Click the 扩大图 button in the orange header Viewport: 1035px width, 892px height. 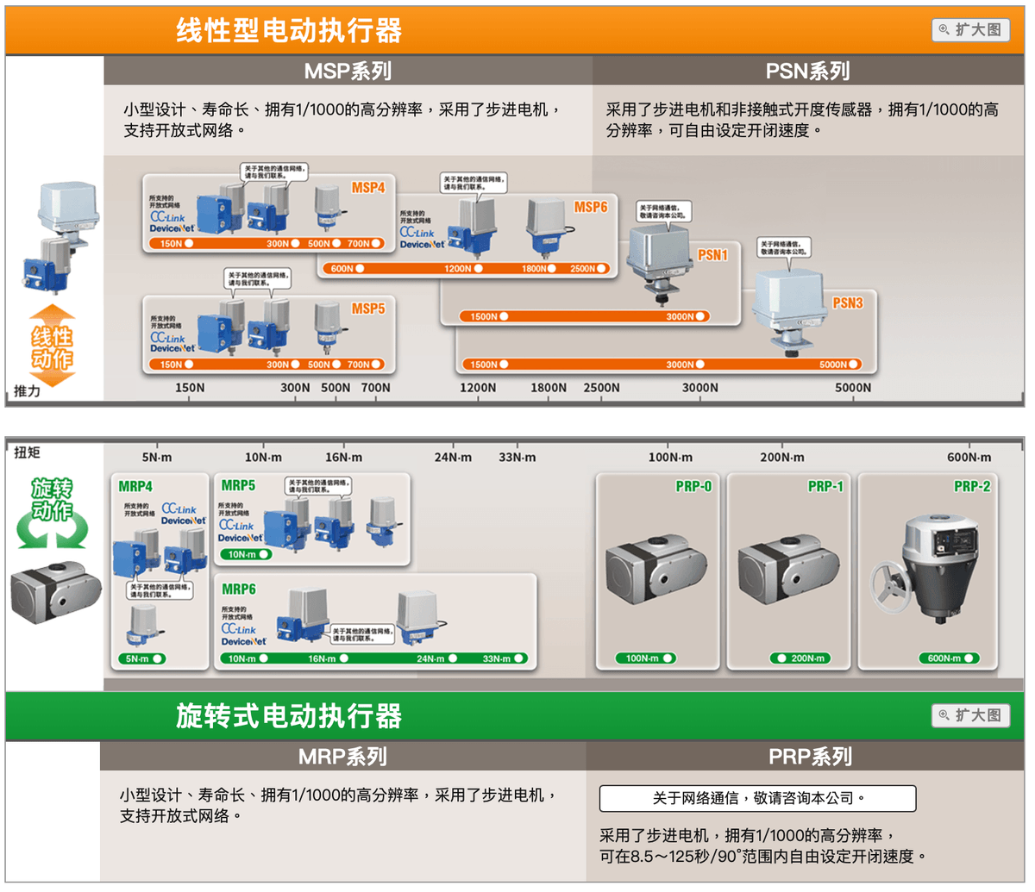click(x=970, y=29)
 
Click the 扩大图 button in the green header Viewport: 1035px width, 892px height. click(x=970, y=715)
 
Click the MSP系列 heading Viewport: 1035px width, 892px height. click(x=348, y=71)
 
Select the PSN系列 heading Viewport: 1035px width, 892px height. click(x=807, y=71)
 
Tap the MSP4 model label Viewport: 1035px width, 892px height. click(x=368, y=188)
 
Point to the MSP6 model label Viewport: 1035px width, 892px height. click(x=591, y=207)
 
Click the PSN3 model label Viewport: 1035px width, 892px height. click(x=847, y=303)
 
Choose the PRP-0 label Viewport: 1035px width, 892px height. click(x=693, y=486)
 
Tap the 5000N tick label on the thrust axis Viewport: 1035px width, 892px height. click(x=852, y=388)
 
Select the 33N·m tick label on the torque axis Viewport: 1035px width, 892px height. click(x=517, y=457)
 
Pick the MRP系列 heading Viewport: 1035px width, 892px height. click(x=342, y=757)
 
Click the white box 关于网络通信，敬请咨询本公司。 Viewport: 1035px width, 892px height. click(x=757, y=798)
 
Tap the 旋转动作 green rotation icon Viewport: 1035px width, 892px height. click(x=53, y=514)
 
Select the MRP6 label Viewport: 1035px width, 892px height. click(x=239, y=589)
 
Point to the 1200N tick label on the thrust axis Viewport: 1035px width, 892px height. click(x=477, y=388)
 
